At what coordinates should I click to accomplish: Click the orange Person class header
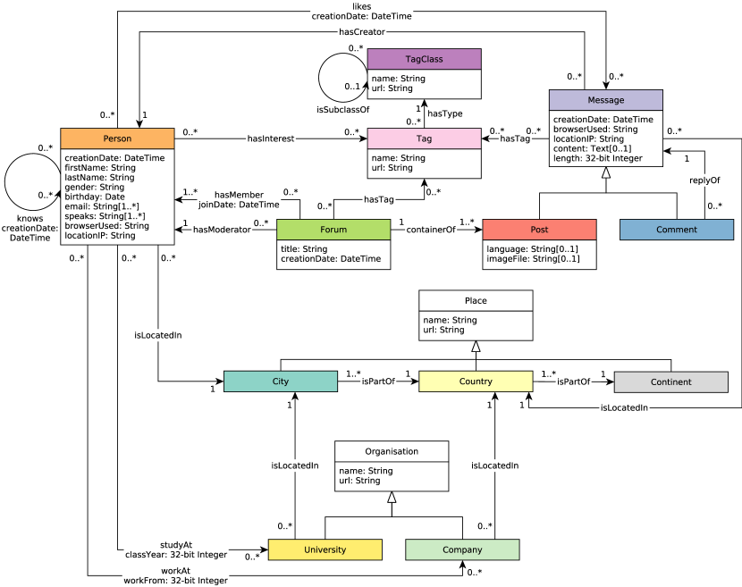pos(117,138)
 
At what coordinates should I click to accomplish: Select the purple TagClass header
pos(424,59)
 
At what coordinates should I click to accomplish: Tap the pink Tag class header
pos(424,138)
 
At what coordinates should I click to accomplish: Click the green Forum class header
pos(333,230)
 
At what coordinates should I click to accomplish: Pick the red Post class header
pos(538,230)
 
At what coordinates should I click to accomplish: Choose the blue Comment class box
pos(676,230)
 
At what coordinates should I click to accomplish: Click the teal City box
pos(280,382)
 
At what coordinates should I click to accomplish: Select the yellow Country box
pos(476,382)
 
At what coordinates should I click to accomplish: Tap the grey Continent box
pos(670,382)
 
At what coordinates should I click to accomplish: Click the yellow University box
pos(325,549)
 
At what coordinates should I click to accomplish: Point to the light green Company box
pos(461,549)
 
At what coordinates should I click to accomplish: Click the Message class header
pos(605,100)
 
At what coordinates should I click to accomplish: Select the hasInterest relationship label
pos(270,138)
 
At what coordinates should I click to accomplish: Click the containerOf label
pos(431,230)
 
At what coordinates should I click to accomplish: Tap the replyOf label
pos(704,180)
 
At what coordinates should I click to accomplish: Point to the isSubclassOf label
pos(342,109)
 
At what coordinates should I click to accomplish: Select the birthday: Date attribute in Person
pos(95,197)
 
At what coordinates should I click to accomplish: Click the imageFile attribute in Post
pos(533,259)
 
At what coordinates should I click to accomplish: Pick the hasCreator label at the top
pos(362,32)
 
